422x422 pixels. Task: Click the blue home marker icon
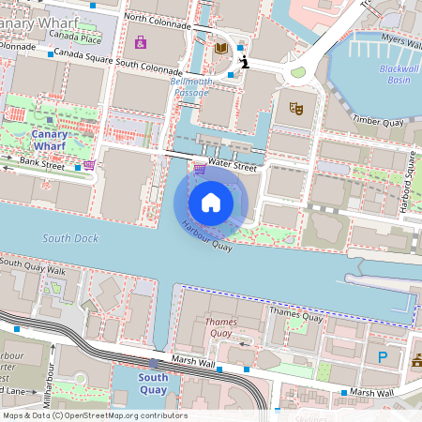coord(210,203)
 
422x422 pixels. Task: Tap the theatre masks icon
coord(296,108)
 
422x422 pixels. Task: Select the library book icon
coord(221,48)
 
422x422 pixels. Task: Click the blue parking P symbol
coord(382,357)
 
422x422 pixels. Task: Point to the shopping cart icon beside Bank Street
coord(89,165)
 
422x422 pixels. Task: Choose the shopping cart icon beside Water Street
coord(200,169)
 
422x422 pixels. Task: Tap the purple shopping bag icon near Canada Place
coord(141,42)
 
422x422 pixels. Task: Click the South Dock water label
coord(70,238)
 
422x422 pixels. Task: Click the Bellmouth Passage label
coord(189,88)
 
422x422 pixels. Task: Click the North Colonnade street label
coord(157,18)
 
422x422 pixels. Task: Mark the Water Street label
coord(233,166)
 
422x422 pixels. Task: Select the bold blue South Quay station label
coord(153,384)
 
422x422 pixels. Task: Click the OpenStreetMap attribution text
coord(95,415)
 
